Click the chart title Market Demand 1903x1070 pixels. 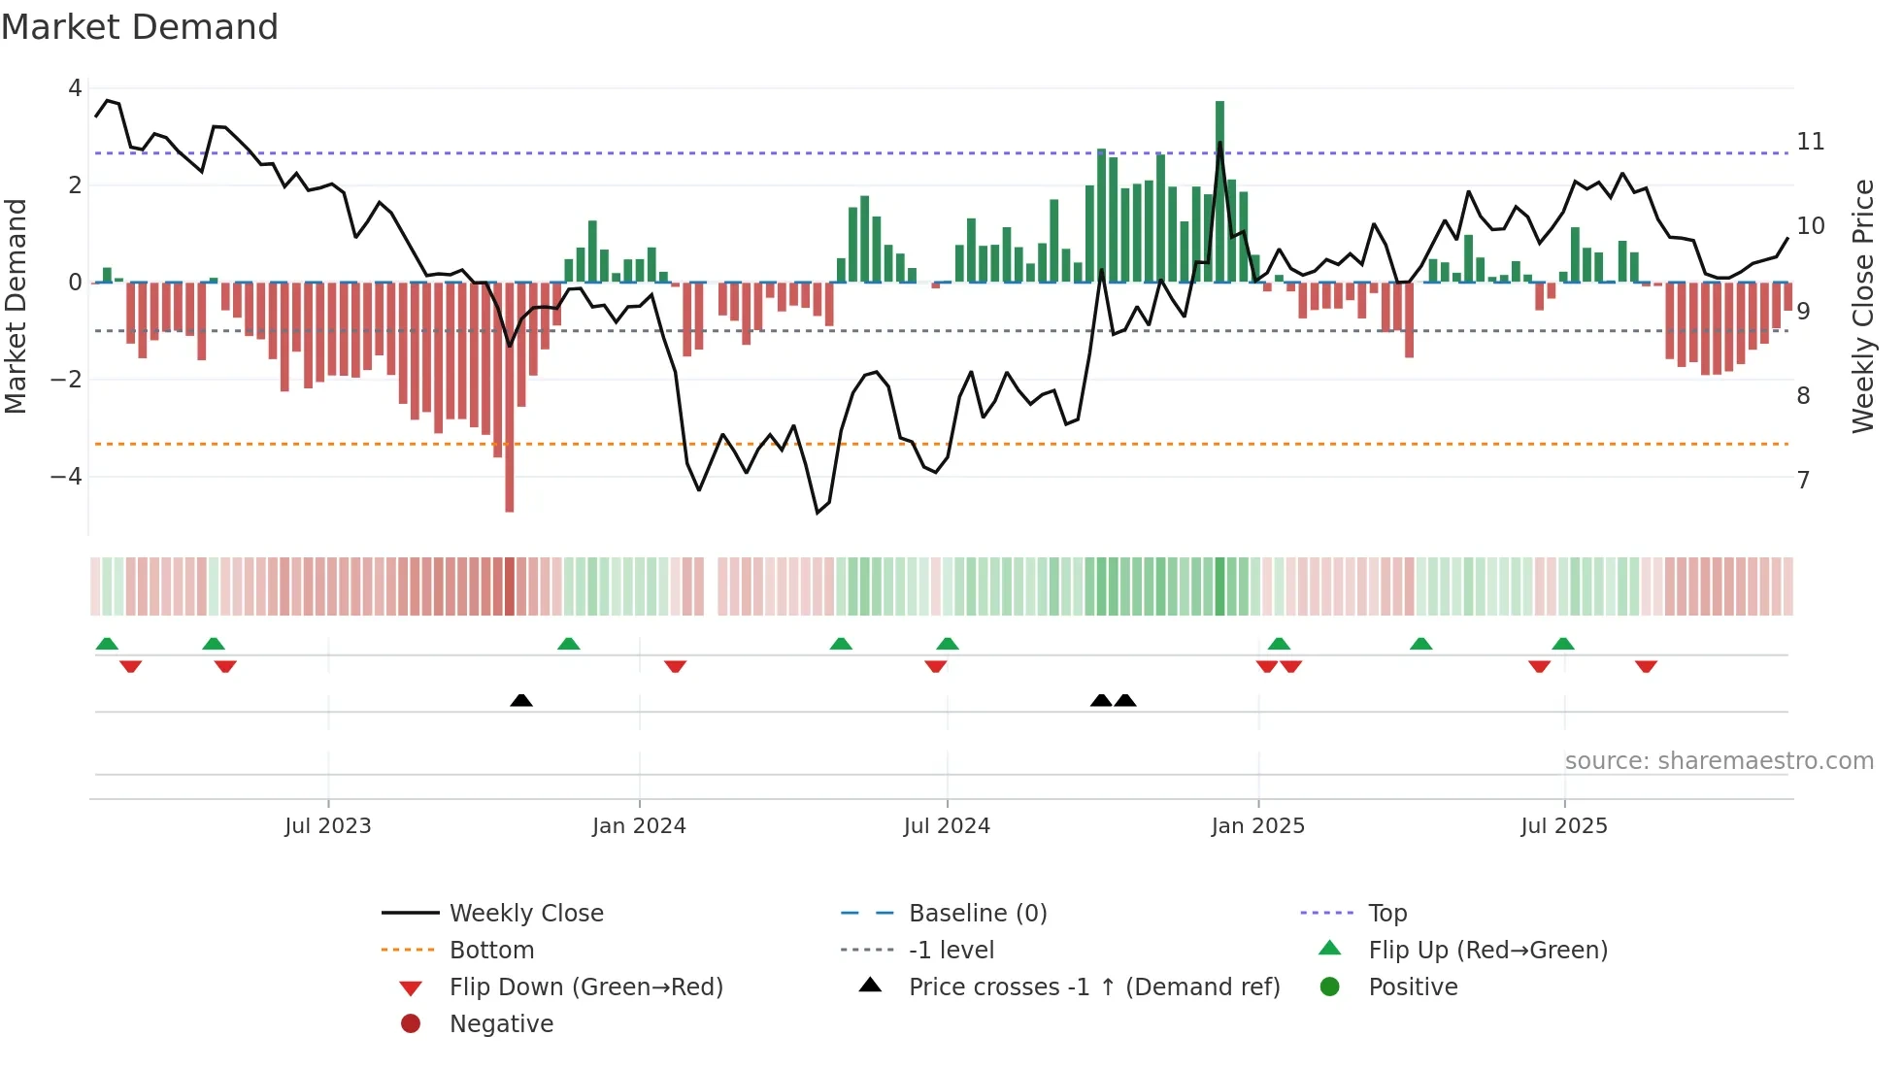point(140,27)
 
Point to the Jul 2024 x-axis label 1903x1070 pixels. point(947,826)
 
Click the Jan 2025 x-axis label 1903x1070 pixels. point(1258,826)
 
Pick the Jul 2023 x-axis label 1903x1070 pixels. point(328,826)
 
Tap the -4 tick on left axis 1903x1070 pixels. point(66,477)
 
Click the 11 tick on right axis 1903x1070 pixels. point(1811,142)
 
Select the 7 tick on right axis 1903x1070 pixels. point(1804,481)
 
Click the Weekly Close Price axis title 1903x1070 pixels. point(1863,306)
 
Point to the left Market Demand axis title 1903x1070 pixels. point(16,306)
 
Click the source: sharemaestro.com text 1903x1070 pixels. point(1719,761)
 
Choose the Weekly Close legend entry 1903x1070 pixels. point(526,914)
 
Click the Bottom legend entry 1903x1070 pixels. point(491,951)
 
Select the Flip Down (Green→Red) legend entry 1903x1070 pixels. point(585,987)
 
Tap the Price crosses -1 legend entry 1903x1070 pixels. point(1094,987)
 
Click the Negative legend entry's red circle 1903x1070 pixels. point(411,1024)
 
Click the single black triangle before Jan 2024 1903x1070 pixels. point(521,700)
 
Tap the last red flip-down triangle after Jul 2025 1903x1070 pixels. point(1646,666)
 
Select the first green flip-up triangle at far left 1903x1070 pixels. point(107,644)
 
